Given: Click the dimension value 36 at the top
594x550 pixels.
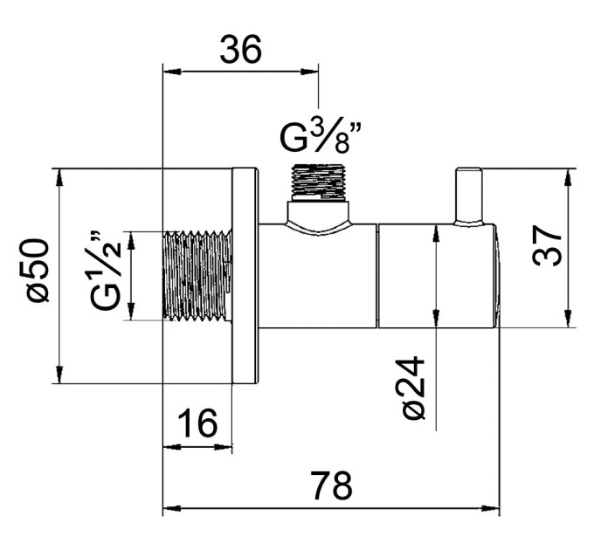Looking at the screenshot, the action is [x=240, y=49].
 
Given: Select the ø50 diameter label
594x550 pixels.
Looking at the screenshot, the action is [x=38, y=271].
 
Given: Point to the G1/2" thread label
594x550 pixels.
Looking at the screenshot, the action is [x=106, y=270].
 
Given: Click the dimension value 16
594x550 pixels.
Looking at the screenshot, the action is [x=197, y=423].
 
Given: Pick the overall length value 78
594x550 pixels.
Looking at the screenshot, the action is [x=331, y=485].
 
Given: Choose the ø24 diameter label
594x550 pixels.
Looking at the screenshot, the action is [x=413, y=388].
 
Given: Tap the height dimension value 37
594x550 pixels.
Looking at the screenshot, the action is [x=547, y=246].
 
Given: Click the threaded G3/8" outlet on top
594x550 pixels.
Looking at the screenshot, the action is [x=320, y=182].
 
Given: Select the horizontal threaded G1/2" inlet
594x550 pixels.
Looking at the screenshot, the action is [x=197, y=277].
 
